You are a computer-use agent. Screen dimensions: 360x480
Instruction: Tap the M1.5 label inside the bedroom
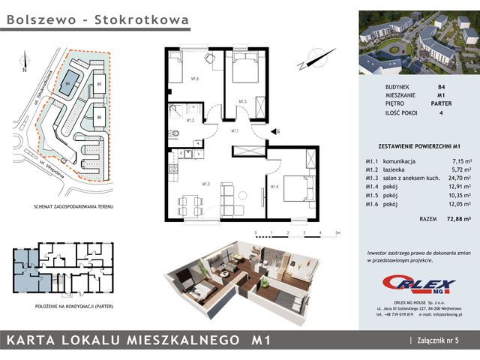click(243, 100)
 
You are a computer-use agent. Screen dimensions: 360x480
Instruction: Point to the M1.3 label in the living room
click(205, 184)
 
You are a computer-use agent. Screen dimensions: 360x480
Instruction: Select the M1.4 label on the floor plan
click(274, 186)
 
